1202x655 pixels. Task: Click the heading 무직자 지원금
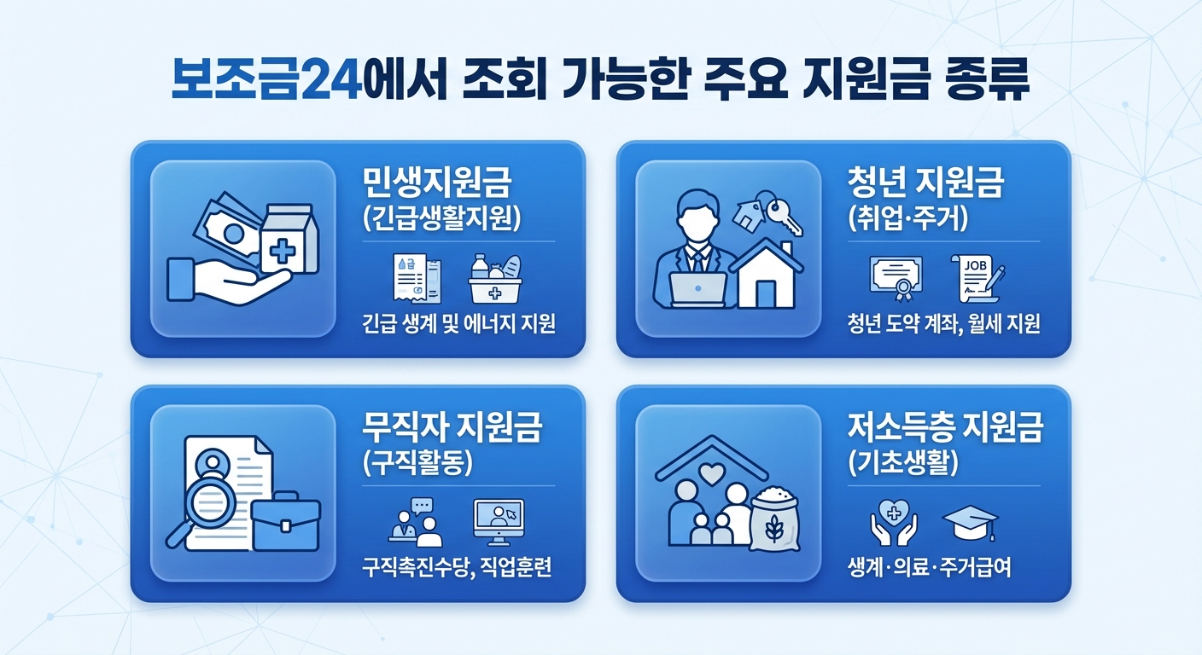[x=452, y=429]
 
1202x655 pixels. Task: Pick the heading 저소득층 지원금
[x=945, y=429]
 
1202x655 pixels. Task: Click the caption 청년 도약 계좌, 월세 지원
[x=943, y=325]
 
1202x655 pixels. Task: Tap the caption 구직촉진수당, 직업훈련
[x=457, y=568]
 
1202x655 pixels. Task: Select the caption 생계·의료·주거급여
[x=929, y=568]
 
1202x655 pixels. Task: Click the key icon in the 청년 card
[x=783, y=215]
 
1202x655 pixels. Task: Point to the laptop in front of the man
[x=698, y=290]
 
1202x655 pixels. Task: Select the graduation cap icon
[x=969, y=523]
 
